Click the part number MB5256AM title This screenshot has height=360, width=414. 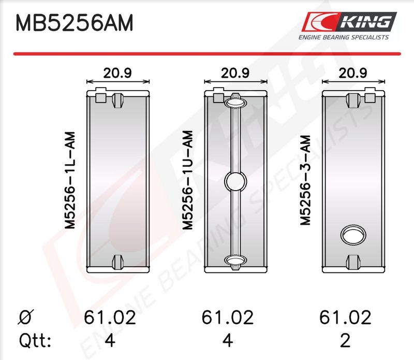pos(75,23)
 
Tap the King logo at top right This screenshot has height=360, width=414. pos(349,22)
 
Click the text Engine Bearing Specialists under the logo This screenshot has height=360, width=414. pos(344,37)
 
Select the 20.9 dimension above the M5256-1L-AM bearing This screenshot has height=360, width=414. pos(117,73)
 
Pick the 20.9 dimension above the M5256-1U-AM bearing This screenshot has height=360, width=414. pos(235,73)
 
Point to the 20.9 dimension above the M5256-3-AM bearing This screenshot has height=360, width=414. pos(353,73)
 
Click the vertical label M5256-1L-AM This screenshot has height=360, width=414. pos(70,180)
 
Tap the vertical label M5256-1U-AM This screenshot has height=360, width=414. pos(188,180)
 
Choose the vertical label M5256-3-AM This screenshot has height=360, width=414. pos(305,180)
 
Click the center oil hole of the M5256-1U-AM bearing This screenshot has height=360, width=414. pos(235,181)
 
